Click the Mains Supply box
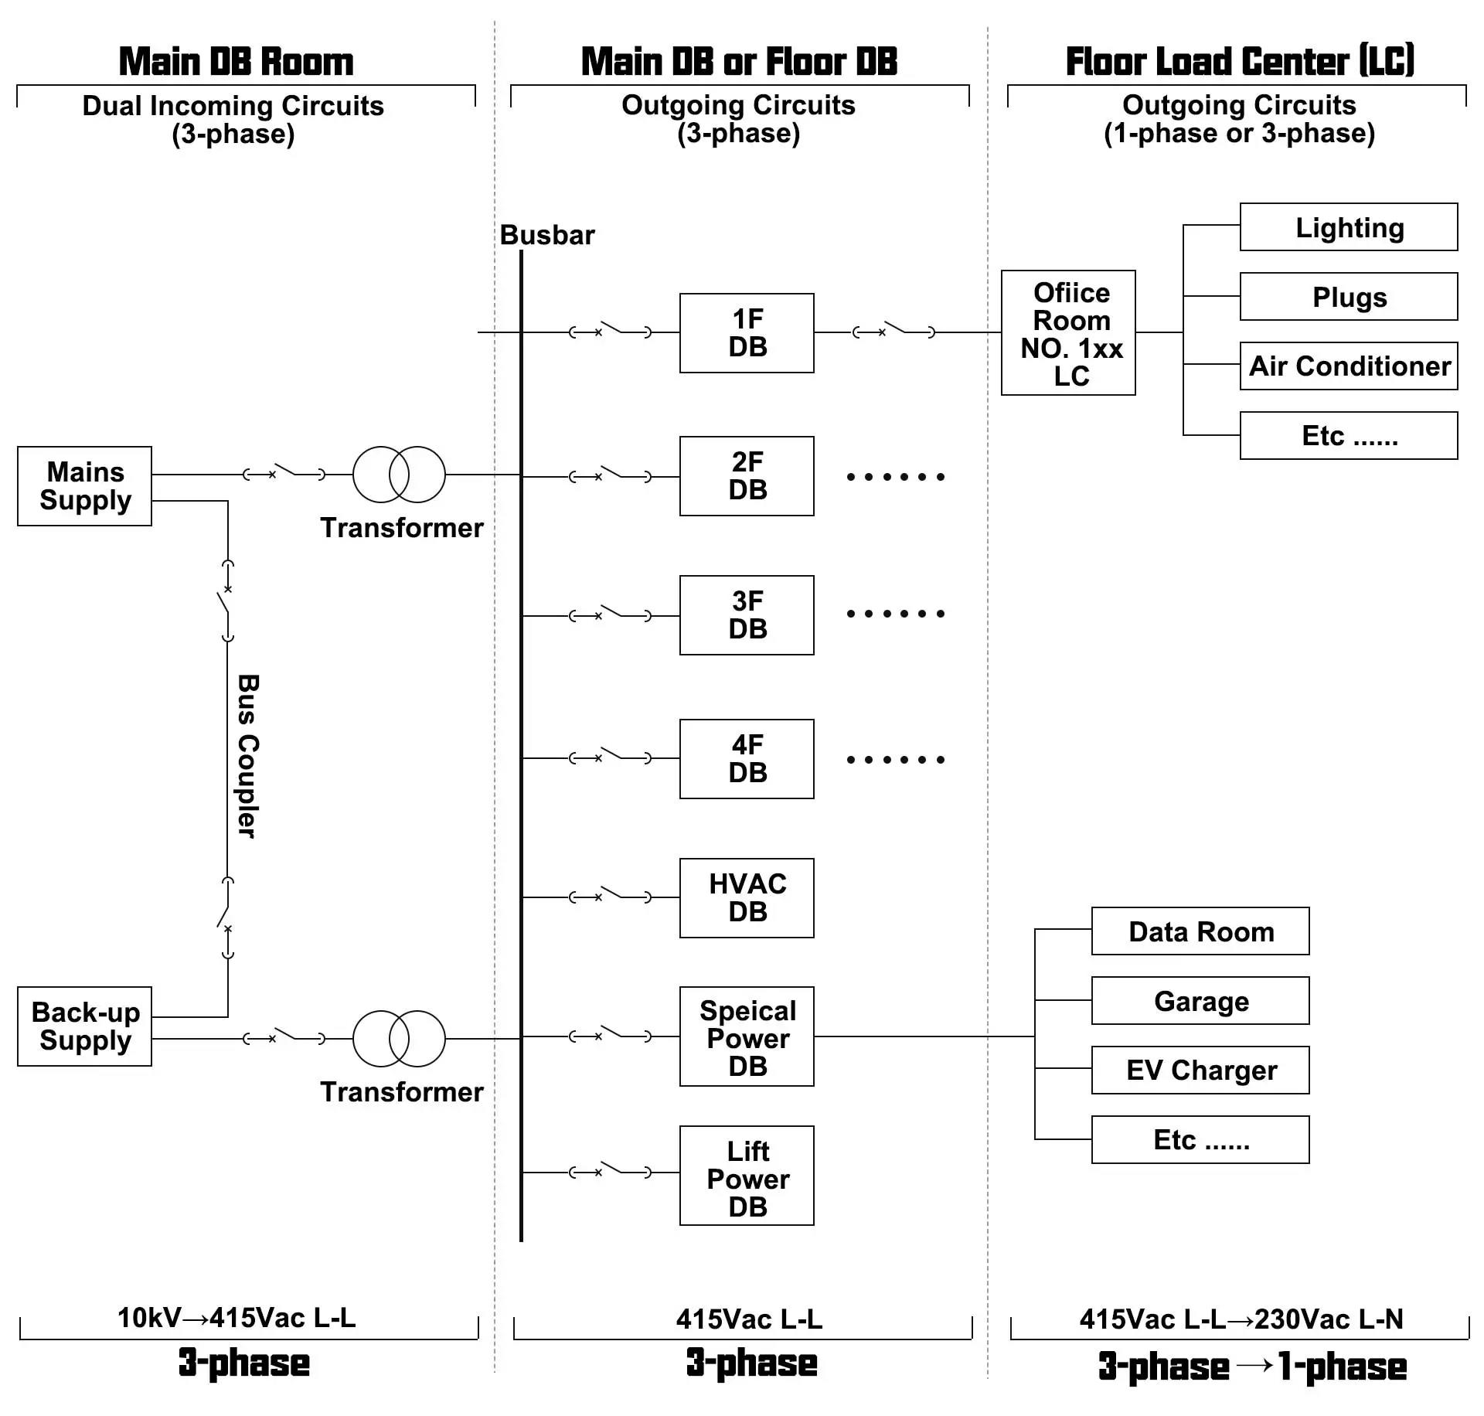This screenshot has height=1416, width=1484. (84, 486)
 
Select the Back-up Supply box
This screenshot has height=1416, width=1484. (84, 1026)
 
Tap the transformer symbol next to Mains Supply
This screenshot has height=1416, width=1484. (399, 475)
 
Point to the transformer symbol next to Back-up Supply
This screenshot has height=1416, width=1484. (399, 1039)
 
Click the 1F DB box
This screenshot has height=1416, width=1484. (747, 333)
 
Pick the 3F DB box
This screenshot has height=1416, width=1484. (747, 615)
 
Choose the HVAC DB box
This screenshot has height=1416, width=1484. (747, 898)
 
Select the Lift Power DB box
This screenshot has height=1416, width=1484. (747, 1176)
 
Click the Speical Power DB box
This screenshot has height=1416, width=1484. (747, 1036)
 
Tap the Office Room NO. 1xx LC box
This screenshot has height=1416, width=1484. (1068, 333)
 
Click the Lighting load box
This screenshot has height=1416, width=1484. (1349, 227)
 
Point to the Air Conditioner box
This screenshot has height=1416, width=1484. (1349, 366)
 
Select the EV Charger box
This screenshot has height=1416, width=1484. (1200, 1071)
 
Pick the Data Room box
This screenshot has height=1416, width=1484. (1200, 931)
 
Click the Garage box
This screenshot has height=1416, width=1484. (1200, 1001)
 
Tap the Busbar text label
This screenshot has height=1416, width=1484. (547, 235)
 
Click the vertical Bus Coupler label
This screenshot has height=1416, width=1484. (247, 756)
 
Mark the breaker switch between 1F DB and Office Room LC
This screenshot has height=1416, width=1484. (893, 331)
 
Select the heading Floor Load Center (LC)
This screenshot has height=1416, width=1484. (1240, 62)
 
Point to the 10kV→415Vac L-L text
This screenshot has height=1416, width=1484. (237, 1318)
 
